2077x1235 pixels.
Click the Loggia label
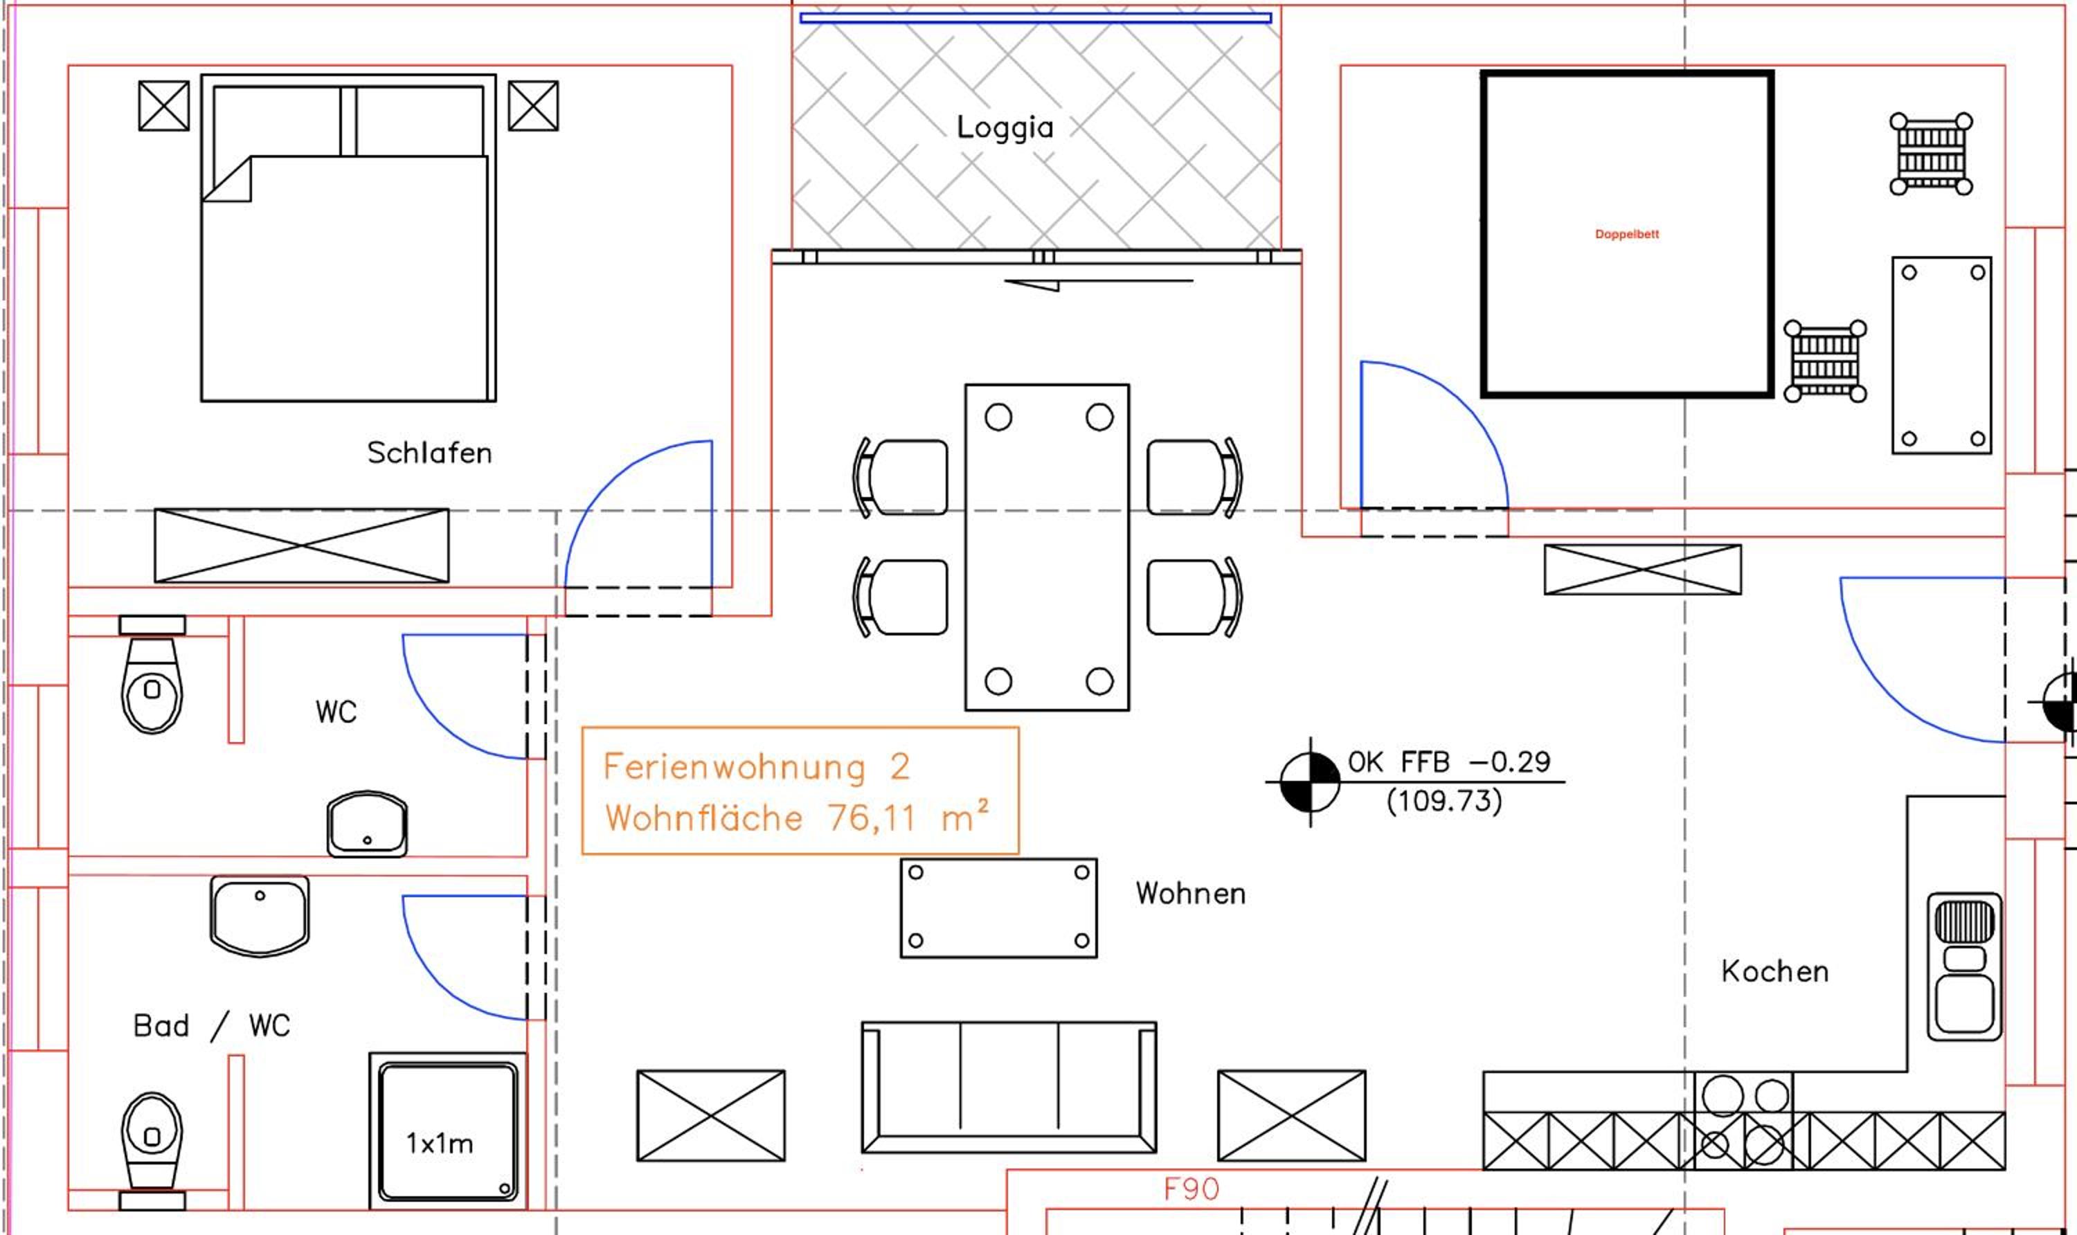click(1005, 128)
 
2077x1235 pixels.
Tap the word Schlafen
click(429, 453)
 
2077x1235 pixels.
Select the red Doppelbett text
click(1627, 235)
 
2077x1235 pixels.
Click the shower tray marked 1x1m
click(448, 1131)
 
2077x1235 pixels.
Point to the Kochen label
click(1775, 971)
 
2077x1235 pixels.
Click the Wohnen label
click(1191, 893)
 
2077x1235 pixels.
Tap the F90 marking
click(1192, 1189)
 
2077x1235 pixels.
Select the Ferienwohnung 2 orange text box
click(800, 791)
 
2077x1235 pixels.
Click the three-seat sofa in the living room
click(1009, 1087)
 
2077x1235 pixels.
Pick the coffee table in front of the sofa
click(998, 908)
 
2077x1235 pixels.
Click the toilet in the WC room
click(152, 675)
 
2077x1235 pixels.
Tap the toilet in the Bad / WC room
click(152, 1152)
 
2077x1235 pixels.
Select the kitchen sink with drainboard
click(1965, 967)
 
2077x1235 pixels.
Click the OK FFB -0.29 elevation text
click(1449, 761)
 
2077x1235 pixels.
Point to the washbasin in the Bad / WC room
click(260, 915)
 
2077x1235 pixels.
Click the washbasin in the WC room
click(367, 824)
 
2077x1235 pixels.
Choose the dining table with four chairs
click(1047, 547)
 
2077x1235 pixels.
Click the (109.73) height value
click(1444, 800)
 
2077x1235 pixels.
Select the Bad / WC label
click(211, 1025)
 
